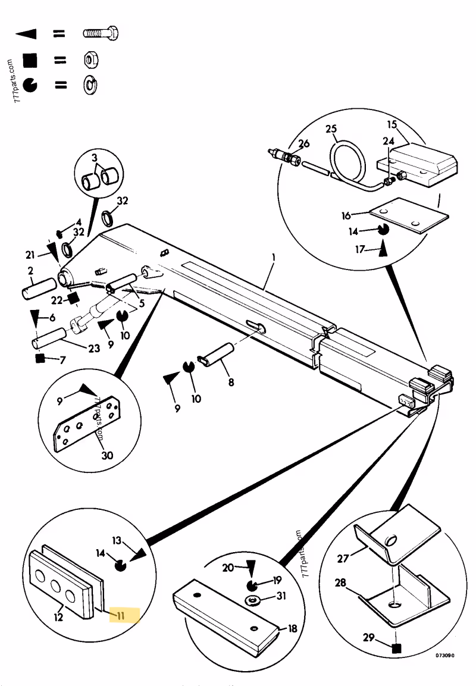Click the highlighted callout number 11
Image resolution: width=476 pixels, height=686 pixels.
click(x=120, y=615)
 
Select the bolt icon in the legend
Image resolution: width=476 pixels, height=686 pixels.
click(x=102, y=34)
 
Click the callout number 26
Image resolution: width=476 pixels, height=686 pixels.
click(x=304, y=143)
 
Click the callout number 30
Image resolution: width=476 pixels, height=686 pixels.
click(x=107, y=456)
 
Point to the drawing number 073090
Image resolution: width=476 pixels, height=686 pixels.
click(x=444, y=655)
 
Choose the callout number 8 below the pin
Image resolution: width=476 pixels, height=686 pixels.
click(x=231, y=383)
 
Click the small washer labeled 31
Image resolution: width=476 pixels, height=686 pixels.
click(x=253, y=600)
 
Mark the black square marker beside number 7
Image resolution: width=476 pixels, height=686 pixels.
click(x=40, y=358)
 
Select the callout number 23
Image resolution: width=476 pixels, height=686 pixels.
click(x=94, y=348)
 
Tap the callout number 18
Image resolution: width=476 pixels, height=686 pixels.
click(x=292, y=628)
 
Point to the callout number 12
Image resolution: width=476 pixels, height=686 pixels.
click(x=58, y=617)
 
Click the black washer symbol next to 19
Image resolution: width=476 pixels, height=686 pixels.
click(x=251, y=582)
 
